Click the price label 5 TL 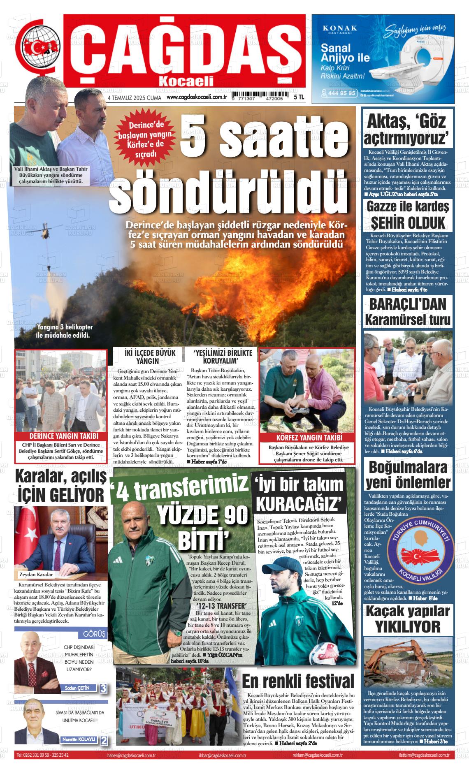pos(299,97)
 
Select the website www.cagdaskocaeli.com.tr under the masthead pos(197,97)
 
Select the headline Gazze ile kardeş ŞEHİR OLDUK pos(408,214)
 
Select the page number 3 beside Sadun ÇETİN pos(103,688)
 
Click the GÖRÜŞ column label pos(94,634)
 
